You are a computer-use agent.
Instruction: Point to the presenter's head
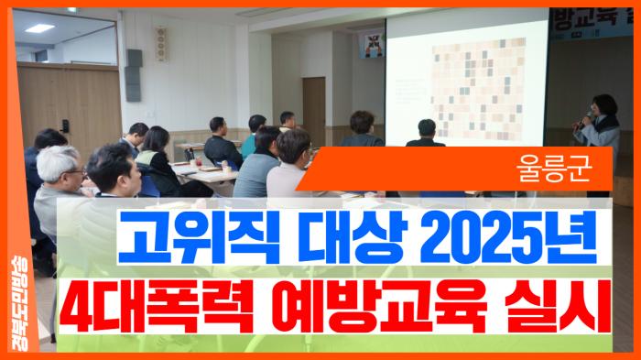(x=604, y=103)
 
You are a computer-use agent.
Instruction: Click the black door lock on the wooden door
(x=66, y=124)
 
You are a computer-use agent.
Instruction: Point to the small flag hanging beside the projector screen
(x=374, y=41)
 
